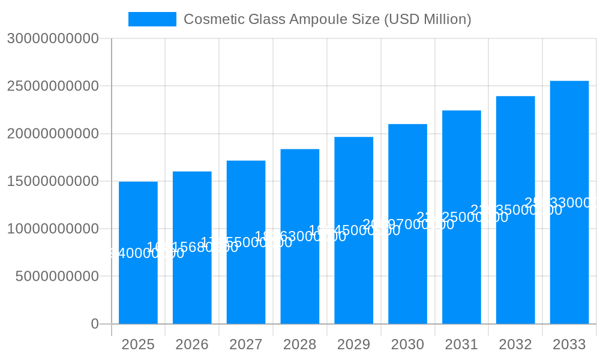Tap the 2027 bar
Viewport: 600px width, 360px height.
(246, 276)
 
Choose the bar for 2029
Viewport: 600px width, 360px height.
(354, 270)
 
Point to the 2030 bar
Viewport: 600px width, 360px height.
(407, 264)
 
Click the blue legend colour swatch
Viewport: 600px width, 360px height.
(152, 19)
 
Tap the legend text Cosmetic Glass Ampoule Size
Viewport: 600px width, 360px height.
(327, 19)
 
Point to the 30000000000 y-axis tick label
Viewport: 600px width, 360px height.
(53, 38)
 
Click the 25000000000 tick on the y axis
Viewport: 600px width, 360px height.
(53, 86)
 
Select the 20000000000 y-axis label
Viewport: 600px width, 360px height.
(53, 133)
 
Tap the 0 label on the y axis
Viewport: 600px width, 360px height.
(95, 324)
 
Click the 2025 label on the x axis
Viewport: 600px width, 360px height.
(138, 344)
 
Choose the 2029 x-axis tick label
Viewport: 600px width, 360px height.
(354, 344)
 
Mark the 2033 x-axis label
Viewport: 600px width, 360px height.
(569, 344)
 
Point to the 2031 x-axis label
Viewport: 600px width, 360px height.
(461, 344)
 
